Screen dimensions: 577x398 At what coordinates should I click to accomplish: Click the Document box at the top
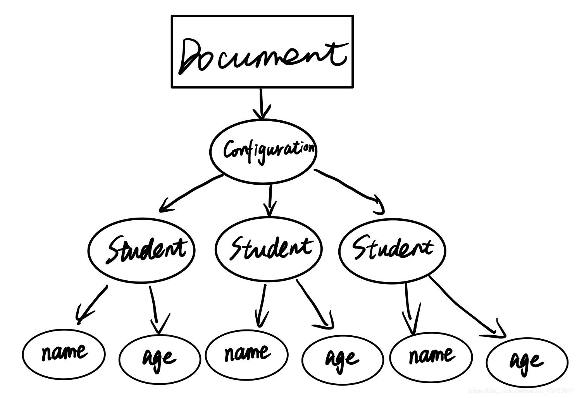tap(262, 51)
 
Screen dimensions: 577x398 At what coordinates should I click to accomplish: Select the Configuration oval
tap(263, 150)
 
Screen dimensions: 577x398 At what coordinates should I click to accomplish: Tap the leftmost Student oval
tap(141, 250)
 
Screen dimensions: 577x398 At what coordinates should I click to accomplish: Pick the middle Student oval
tap(269, 248)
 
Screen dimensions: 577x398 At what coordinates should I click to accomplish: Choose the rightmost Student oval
tap(392, 250)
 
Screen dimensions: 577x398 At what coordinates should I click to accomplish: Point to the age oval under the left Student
tap(160, 359)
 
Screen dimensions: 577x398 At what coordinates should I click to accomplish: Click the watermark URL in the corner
tap(521, 391)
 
